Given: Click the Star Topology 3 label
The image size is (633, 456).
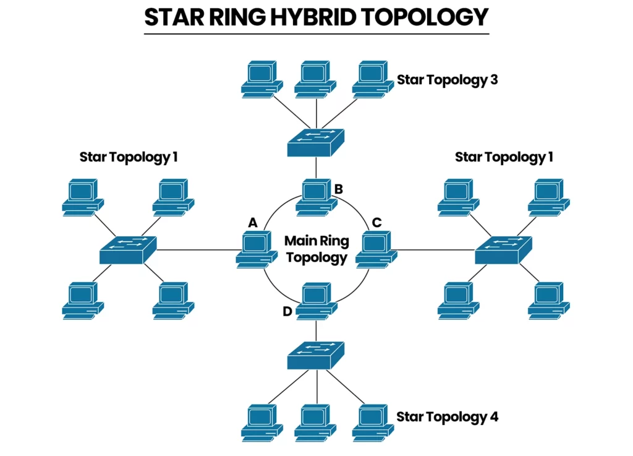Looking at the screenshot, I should (447, 80).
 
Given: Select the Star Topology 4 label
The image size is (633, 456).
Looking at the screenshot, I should (447, 416).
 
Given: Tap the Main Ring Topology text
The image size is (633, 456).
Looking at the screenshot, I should (316, 249).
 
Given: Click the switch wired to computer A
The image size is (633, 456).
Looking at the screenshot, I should (128, 250).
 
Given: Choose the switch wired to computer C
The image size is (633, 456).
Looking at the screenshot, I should (504, 250).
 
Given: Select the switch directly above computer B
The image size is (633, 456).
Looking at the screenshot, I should (316, 142).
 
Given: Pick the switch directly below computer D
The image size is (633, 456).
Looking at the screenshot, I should (316, 355).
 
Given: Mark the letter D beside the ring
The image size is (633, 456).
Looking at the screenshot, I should (287, 311).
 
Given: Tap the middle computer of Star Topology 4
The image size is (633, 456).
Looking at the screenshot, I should (316, 421).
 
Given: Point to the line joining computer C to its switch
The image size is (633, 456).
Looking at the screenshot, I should (436, 251).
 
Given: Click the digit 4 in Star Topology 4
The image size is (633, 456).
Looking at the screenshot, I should (494, 416).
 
